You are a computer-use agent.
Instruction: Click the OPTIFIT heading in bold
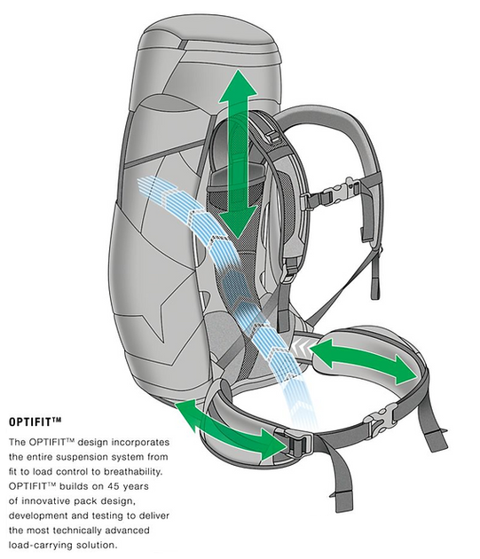point(35,422)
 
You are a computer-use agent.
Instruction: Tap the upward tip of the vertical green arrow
point(238,69)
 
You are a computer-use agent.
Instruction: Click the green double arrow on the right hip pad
point(365,361)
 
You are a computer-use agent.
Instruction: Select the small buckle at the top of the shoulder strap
point(274,136)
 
